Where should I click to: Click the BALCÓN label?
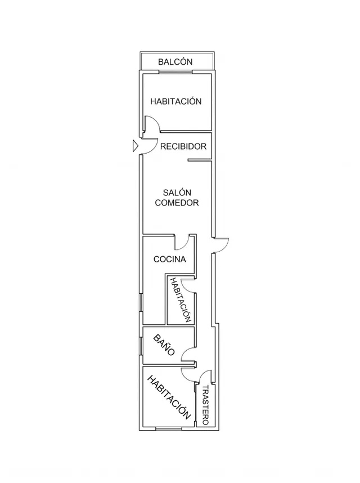(x=175, y=61)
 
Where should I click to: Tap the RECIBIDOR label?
(x=183, y=146)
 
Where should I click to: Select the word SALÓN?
(x=177, y=193)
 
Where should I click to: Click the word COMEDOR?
(x=177, y=203)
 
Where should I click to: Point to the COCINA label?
(x=169, y=260)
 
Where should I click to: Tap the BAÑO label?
(x=164, y=345)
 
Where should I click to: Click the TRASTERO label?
(x=205, y=405)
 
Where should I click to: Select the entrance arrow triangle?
(x=136, y=146)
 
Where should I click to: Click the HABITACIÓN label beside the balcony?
(x=175, y=101)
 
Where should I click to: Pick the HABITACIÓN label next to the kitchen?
(x=181, y=299)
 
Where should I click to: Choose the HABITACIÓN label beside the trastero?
(x=169, y=397)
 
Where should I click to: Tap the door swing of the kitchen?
(x=184, y=245)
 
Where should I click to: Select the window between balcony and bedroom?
(x=175, y=72)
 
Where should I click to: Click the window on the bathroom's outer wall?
(x=141, y=346)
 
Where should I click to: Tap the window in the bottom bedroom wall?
(x=169, y=428)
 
